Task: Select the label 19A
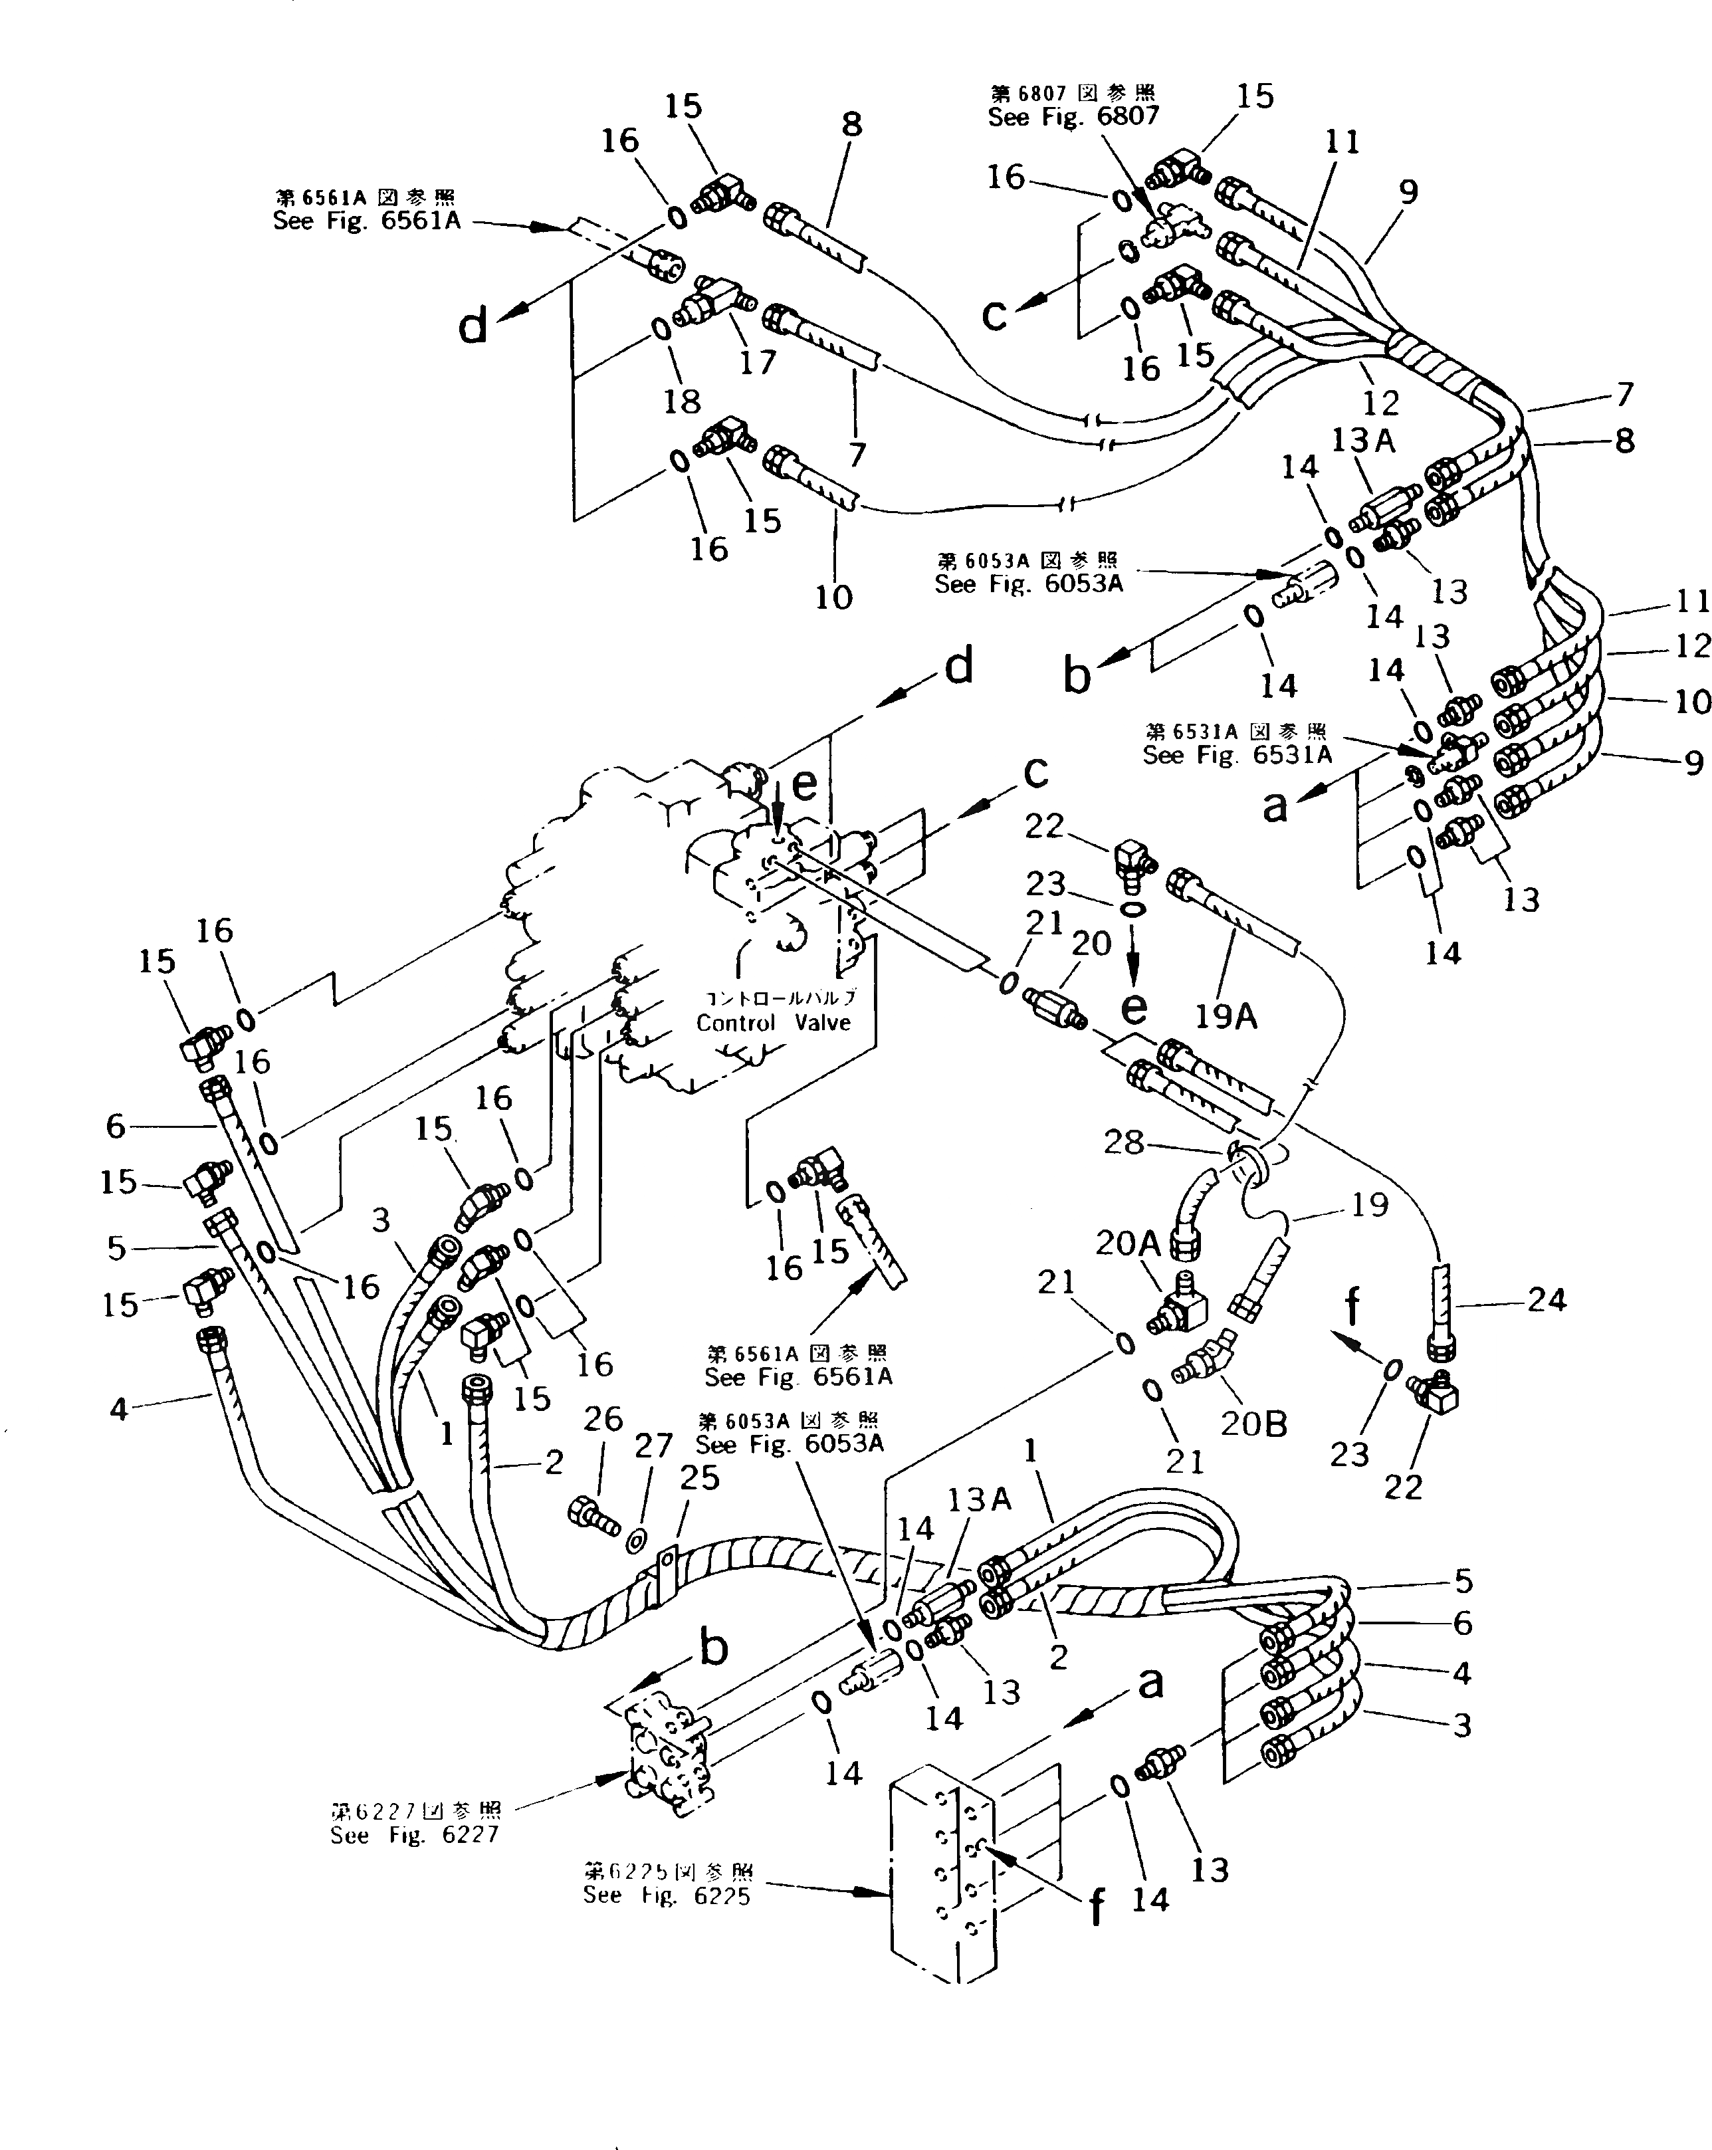click(1226, 1016)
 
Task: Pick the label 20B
click(1253, 1423)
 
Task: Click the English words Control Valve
click(773, 1022)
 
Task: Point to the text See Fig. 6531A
click(1236, 755)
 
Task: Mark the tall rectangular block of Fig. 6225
click(941, 1875)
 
